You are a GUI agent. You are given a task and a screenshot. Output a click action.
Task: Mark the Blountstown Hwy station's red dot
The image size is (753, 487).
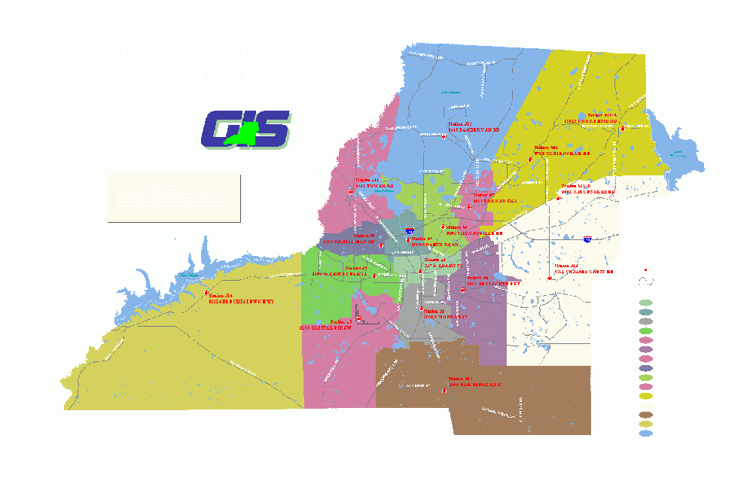click(x=205, y=295)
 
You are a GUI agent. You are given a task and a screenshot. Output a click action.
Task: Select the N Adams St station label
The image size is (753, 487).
click(x=440, y=262)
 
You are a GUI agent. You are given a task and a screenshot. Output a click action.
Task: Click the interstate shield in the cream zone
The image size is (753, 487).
click(x=587, y=239)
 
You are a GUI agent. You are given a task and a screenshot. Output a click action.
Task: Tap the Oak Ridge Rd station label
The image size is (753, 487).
click(x=474, y=382)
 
